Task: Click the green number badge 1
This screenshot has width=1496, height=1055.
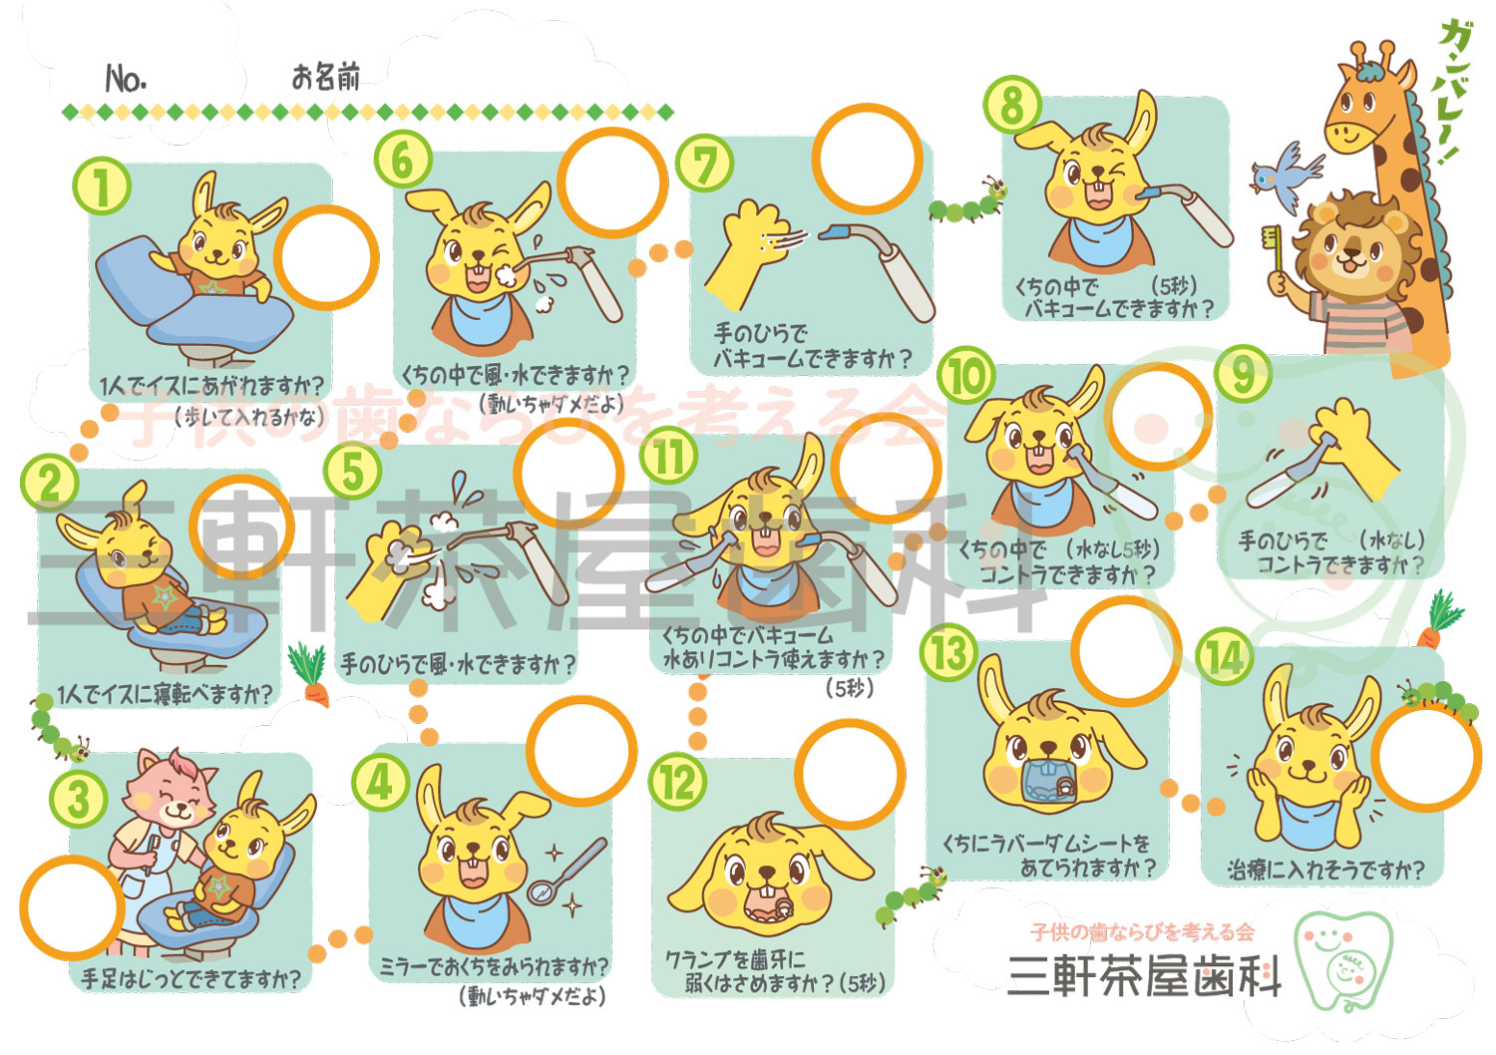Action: pyautogui.click(x=102, y=186)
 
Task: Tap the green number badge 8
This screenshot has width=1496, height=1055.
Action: pyautogui.click(x=1012, y=104)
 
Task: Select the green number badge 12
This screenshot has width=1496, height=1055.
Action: pyautogui.click(x=677, y=783)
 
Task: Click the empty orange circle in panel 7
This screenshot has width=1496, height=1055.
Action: pyautogui.click(x=867, y=160)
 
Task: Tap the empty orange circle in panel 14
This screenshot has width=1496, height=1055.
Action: pyautogui.click(x=1426, y=758)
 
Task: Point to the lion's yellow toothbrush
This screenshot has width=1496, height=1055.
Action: pyautogui.click(x=1273, y=250)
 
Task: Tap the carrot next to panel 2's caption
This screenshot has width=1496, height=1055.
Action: pyautogui.click(x=310, y=673)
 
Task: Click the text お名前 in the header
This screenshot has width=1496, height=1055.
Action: pyautogui.click(x=326, y=77)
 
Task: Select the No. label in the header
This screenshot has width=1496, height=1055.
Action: pyautogui.click(x=126, y=79)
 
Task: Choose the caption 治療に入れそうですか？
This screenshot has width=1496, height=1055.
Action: pyautogui.click(x=1325, y=870)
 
